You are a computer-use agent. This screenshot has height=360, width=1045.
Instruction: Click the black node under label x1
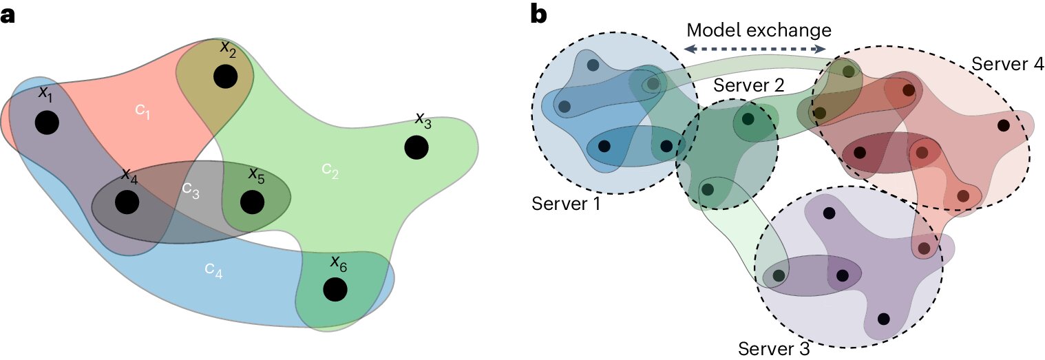tap(46, 123)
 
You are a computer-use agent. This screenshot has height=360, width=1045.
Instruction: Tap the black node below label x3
tap(415, 147)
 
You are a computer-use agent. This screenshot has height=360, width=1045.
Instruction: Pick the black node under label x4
tap(127, 202)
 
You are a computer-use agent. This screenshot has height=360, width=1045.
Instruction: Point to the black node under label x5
tap(253, 202)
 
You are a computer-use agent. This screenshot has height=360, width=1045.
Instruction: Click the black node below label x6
tap(335, 289)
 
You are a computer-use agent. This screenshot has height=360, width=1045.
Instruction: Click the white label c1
tap(142, 111)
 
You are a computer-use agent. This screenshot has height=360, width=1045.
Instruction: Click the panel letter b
tap(539, 14)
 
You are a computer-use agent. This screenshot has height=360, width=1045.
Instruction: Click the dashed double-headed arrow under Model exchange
tap(755, 49)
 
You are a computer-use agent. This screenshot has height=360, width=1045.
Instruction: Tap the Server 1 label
tap(567, 204)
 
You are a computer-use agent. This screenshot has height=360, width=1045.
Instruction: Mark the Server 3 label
tap(774, 348)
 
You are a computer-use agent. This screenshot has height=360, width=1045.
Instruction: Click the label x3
tap(423, 122)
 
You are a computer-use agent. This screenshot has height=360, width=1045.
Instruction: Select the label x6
tap(337, 262)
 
